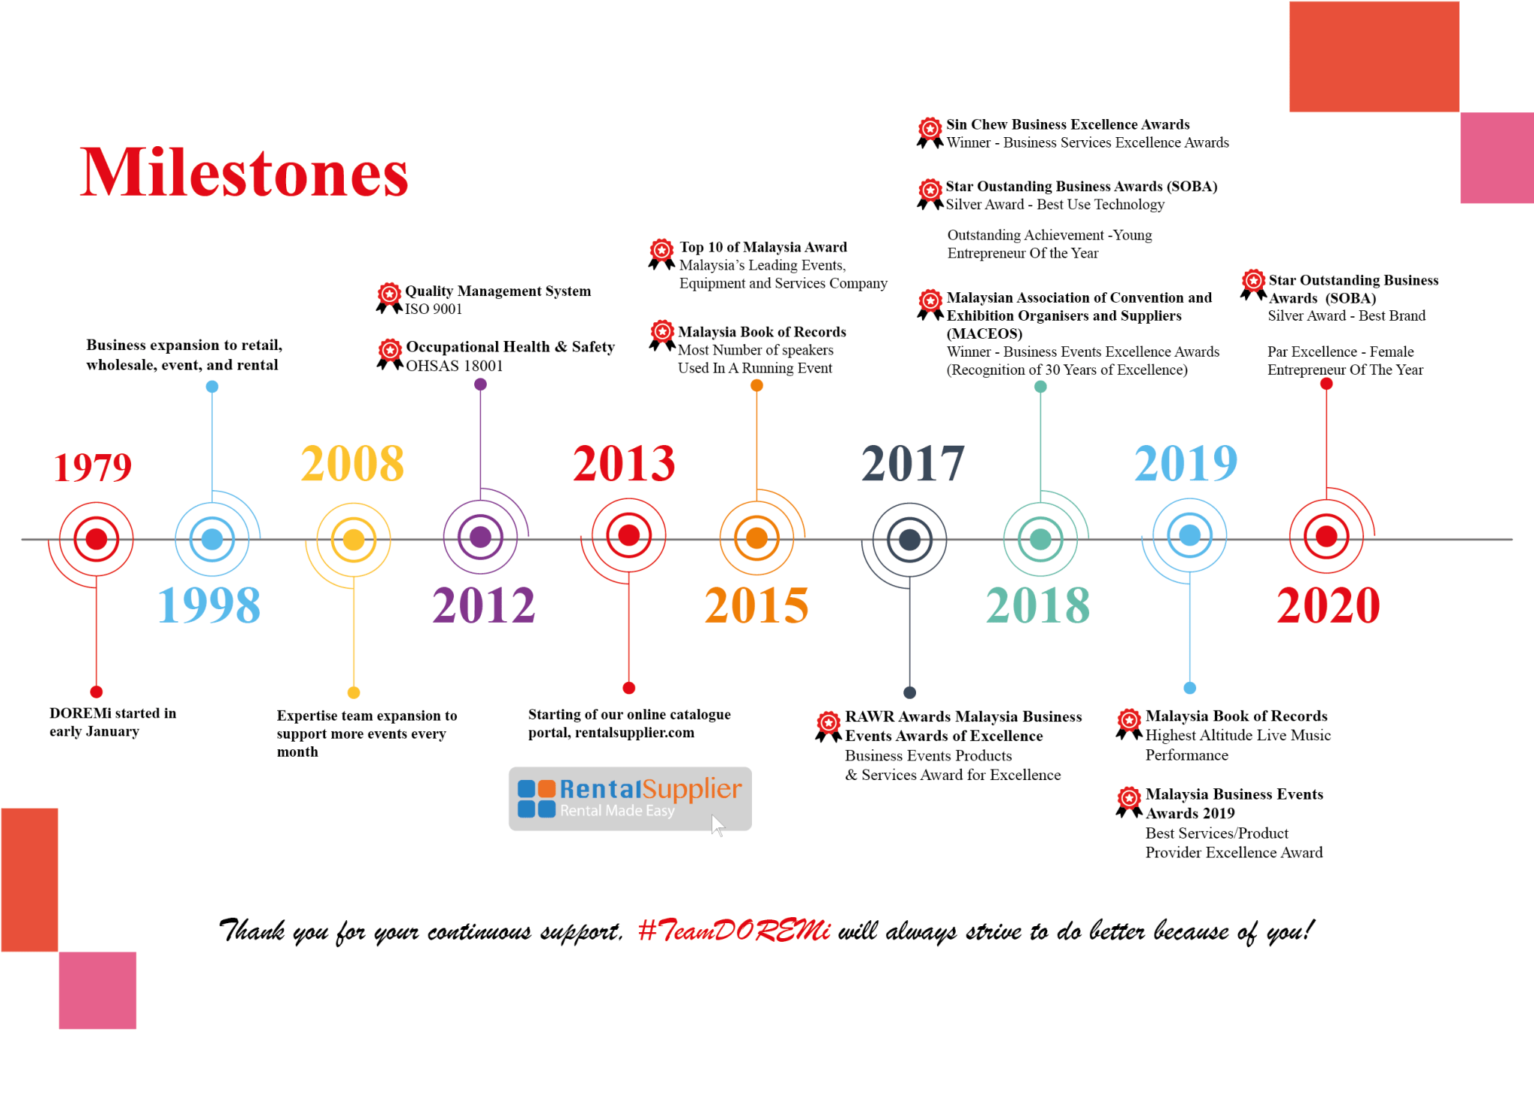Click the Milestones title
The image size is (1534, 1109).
[244, 172]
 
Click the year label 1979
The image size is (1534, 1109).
[93, 468]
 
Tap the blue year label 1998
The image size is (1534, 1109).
[209, 605]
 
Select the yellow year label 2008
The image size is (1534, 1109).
[352, 463]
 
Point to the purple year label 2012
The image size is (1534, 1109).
[484, 605]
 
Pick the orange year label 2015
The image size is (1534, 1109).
[757, 605]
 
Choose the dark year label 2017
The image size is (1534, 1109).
[913, 463]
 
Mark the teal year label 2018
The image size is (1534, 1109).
[1038, 605]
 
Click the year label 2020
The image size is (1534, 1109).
[1329, 605]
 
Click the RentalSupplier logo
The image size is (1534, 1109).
[630, 799]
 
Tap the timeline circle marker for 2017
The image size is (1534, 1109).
[909, 540]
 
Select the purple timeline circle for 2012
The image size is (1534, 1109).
[480, 537]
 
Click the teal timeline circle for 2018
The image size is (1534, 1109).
[1040, 540]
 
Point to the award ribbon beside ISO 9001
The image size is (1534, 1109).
[389, 298]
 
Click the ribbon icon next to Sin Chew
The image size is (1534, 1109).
[930, 133]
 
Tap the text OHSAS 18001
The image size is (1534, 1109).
[455, 366]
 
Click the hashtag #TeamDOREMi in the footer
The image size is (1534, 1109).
[734, 930]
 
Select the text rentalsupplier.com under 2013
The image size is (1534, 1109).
[634, 733]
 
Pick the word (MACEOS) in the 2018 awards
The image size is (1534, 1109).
[984, 333]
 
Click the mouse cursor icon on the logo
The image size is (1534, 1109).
[718, 825]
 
